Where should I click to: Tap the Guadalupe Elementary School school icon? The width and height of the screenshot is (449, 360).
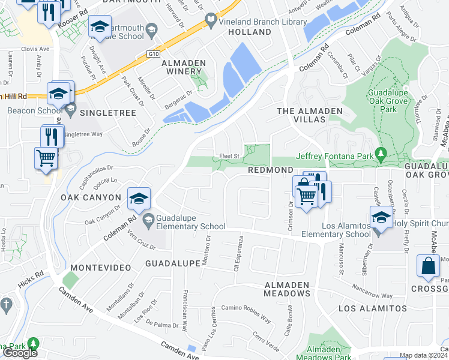[x=139, y=198]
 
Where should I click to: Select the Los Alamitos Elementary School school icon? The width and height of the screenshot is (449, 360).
[x=381, y=217]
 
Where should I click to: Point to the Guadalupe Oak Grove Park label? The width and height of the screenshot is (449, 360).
[x=388, y=101]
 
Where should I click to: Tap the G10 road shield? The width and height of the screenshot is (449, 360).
[x=155, y=53]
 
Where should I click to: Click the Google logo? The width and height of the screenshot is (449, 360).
[x=20, y=353]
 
